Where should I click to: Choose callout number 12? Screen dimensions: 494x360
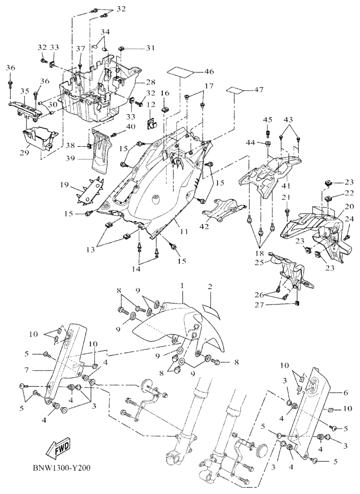tap(150, 104)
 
